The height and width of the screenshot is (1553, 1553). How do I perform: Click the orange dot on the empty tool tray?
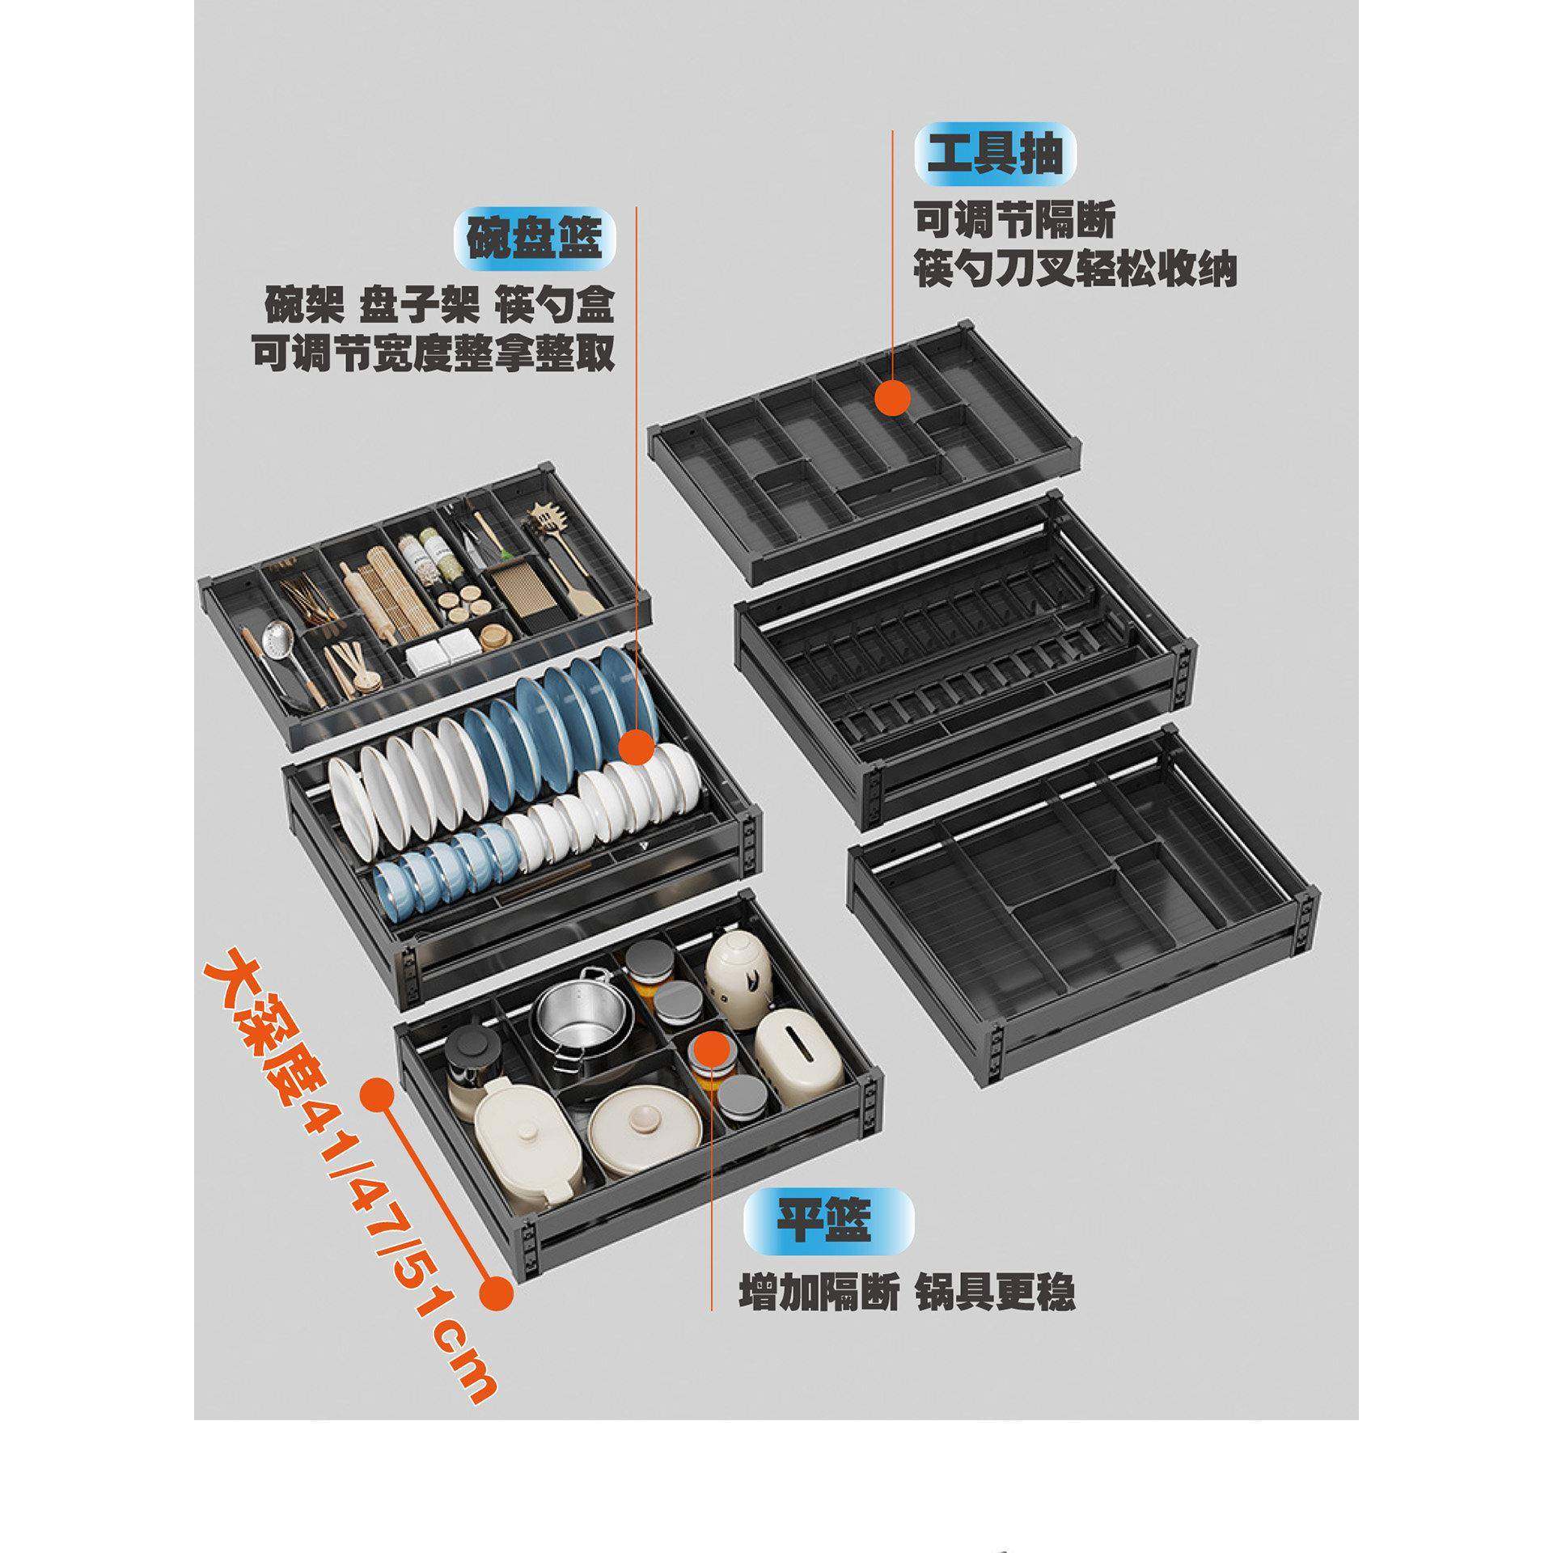pyautogui.click(x=891, y=400)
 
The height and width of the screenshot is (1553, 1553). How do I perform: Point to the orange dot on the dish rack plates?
pyautogui.click(x=636, y=747)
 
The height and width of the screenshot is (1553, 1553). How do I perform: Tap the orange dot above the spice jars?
pyautogui.click(x=710, y=1047)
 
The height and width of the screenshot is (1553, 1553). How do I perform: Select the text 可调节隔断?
pyautogui.click(x=1014, y=222)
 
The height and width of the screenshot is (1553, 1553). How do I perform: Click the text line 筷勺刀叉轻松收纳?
pyautogui.click(x=1075, y=270)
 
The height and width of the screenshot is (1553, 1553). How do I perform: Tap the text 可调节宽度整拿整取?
pyautogui.click(x=433, y=354)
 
